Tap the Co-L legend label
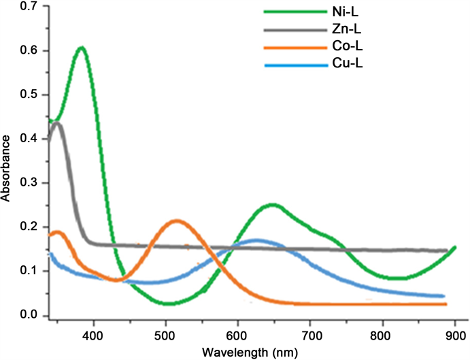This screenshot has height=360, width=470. [x=341, y=49]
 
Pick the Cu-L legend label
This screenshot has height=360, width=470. [x=341, y=66]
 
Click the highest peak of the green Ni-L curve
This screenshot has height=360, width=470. [x=82, y=48]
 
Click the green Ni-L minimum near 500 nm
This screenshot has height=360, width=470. [x=167, y=303]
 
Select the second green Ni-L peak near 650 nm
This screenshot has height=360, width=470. [x=273, y=204]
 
